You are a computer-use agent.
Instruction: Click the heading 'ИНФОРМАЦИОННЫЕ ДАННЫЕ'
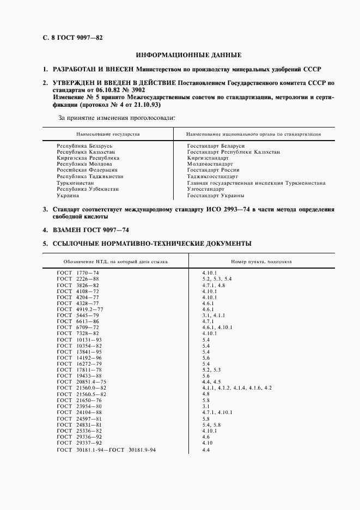tap(188, 55)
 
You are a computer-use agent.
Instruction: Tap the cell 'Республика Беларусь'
tap(84, 147)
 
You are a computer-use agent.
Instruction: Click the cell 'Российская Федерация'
tap(87, 170)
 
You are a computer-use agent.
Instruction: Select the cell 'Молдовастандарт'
tap(210, 164)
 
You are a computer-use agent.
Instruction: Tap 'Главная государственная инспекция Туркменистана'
tap(256, 183)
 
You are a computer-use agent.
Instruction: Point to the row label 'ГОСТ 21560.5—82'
tap(82, 393)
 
